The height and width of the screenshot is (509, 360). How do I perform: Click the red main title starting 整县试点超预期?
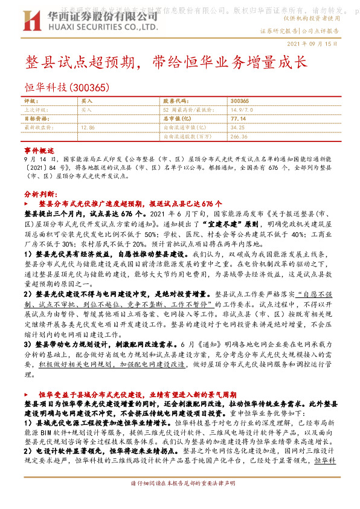[166, 63]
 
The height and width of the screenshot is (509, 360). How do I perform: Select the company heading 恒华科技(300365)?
[66, 88]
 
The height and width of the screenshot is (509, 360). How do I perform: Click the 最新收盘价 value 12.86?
[88, 128]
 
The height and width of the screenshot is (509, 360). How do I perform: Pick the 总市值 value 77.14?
[237, 119]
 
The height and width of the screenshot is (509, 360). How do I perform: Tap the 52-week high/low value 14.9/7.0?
[241, 110]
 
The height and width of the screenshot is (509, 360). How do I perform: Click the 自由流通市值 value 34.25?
[237, 128]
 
